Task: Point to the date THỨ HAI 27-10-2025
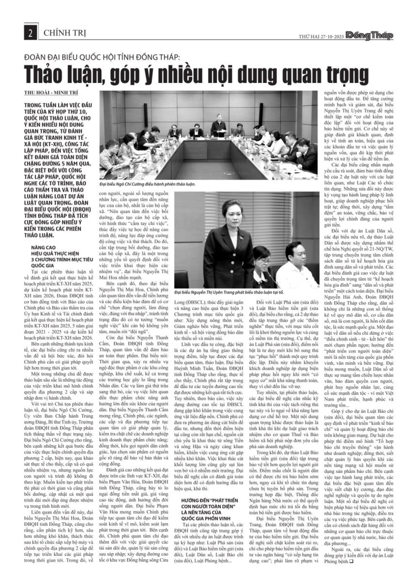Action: pos(321,36)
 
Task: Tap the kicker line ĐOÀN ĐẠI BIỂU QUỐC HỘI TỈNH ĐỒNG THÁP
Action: pos(102,57)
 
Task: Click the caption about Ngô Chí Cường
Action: pos(147,184)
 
